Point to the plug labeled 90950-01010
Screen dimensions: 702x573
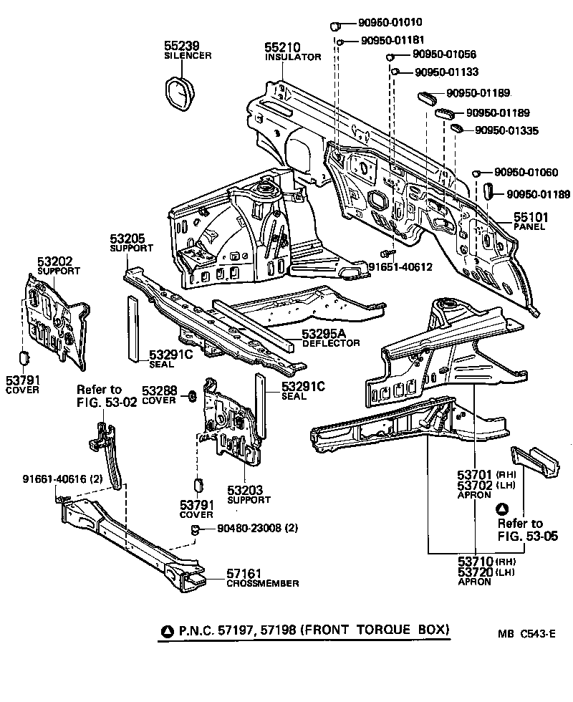[x=334, y=27]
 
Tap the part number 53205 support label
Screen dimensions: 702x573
[x=127, y=239]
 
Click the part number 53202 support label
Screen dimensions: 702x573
[x=54, y=262]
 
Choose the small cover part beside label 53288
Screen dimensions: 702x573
[x=192, y=396]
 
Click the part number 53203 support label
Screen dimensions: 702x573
[x=245, y=490]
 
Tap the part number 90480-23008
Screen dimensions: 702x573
[x=247, y=529]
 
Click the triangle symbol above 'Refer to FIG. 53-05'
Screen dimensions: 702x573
[x=503, y=509]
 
